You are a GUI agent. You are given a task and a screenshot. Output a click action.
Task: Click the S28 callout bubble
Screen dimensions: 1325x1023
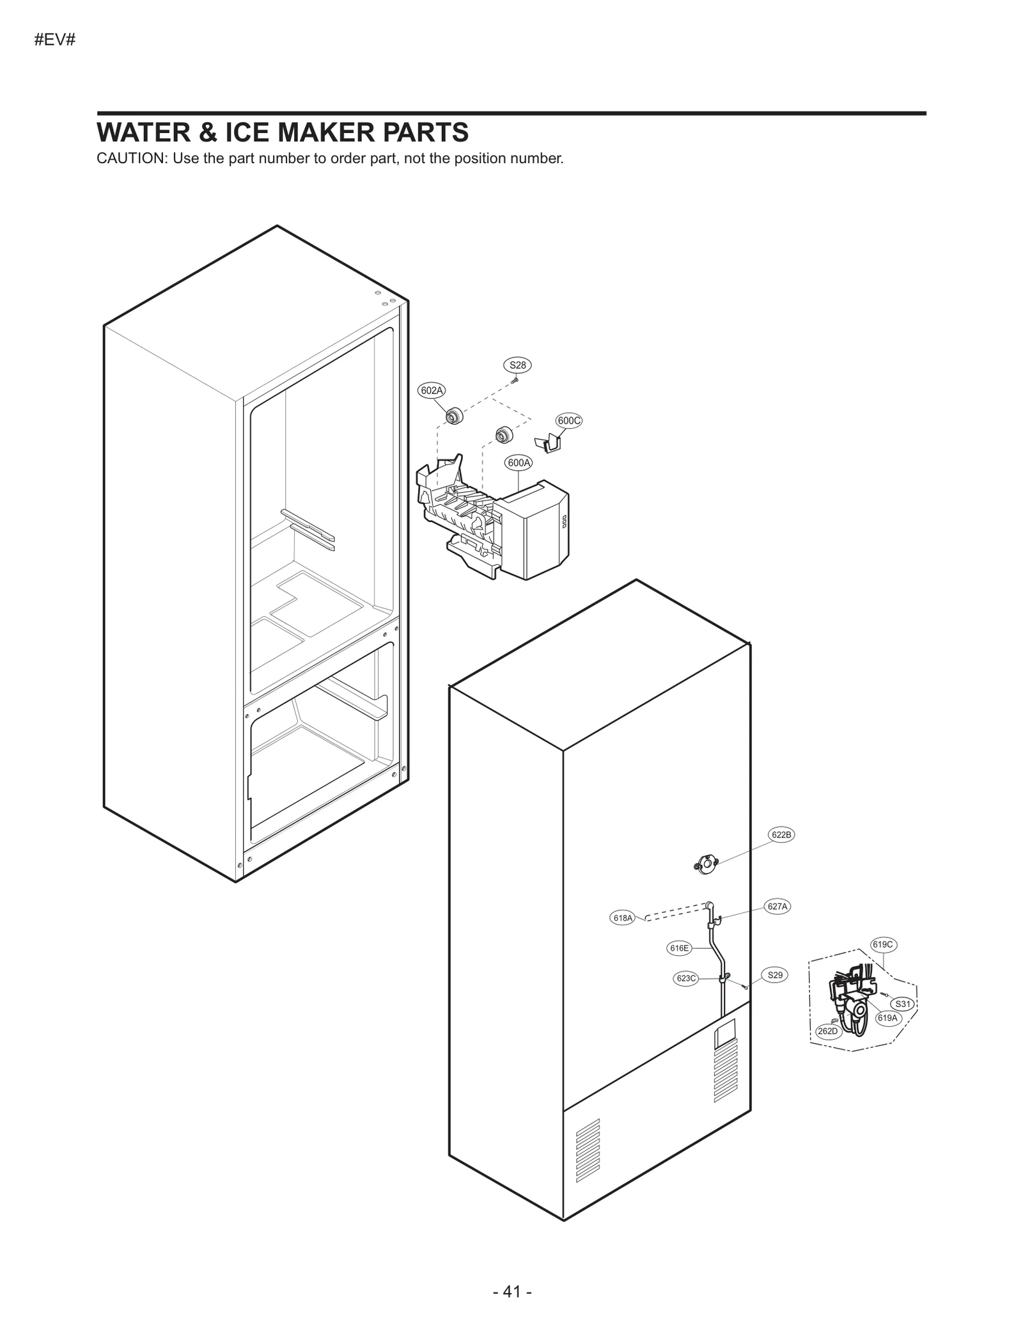[517, 365]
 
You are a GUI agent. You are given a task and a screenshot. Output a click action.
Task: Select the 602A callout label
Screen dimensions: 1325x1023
[432, 390]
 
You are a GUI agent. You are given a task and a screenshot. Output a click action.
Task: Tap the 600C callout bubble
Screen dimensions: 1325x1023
[568, 420]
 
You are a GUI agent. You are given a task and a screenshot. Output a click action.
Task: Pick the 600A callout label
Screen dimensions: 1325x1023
[519, 462]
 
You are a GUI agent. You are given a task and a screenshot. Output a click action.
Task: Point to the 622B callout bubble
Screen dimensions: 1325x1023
[781, 834]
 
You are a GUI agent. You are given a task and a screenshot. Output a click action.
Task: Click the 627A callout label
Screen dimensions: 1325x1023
[777, 906]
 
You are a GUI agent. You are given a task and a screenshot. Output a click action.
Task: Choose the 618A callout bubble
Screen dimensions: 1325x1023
[622, 918]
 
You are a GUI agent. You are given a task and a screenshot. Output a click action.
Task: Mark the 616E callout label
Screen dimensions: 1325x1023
[679, 948]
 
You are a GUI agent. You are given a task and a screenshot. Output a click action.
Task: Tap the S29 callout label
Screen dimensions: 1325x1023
[774, 975]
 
